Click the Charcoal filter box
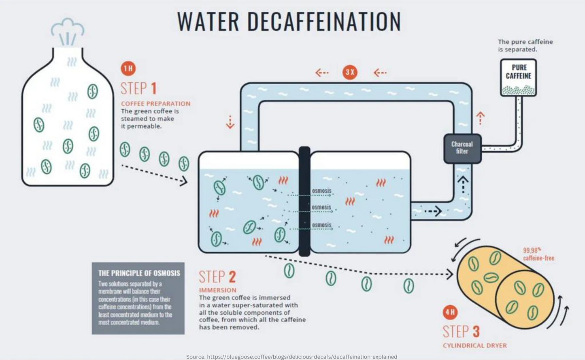[x=462, y=149]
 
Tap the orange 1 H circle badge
[x=128, y=69]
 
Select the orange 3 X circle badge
[x=350, y=72]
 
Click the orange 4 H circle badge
[x=450, y=312]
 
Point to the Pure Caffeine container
[x=519, y=78]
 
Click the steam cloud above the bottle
[x=67, y=31]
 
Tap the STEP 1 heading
[x=139, y=88]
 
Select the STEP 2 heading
[x=217, y=277]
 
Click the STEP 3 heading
[x=462, y=332]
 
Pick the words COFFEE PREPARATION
[x=155, y=104]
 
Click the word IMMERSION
[x=217, y=290]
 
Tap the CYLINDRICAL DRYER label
[x=475, y=346]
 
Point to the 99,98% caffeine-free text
[x=538, y=254]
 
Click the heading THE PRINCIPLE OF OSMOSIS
[x=139, y=273]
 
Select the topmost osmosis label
[x=321, y=191]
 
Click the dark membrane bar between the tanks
[x=304, y=201]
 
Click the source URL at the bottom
[x=292, y=357]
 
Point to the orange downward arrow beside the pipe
[x=230, y=122]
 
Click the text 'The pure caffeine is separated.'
[x=525, y=45]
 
